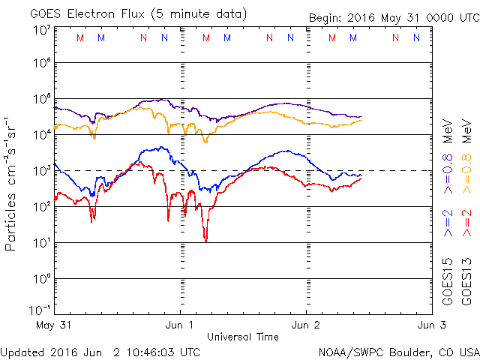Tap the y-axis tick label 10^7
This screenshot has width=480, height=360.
40,30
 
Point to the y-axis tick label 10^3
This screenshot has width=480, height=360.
40,170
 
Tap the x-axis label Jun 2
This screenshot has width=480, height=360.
305,325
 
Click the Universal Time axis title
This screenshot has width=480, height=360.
242,337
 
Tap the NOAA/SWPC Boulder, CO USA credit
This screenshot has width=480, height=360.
398,351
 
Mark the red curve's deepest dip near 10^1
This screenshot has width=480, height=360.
205,240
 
